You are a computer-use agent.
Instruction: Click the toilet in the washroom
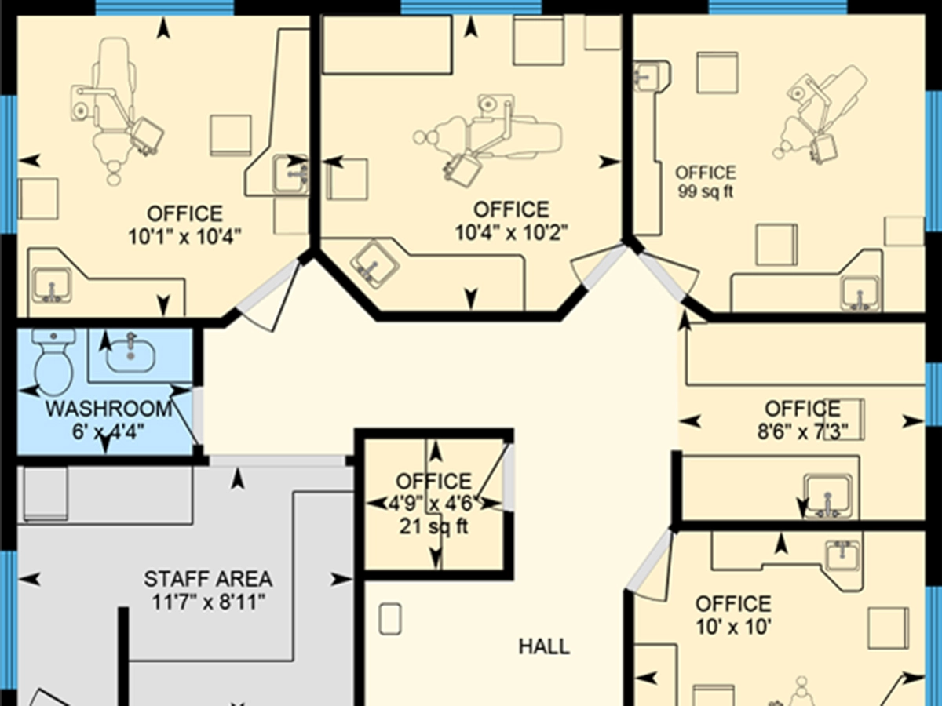click(x=53, y=362)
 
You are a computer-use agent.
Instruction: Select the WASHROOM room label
click(x=108, y=409)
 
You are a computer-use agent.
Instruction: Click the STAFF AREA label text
click(x=208, y=580)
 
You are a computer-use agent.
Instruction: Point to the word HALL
click(x=544, y=647)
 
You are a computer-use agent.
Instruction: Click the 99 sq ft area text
click(x=706, y=191)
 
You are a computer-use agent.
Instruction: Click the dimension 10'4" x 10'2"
click(x=511, y=232)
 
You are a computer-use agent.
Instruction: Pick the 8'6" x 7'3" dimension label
click(x=802, y=431)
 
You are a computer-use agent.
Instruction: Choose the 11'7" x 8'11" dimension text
click(x=208, y=602)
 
